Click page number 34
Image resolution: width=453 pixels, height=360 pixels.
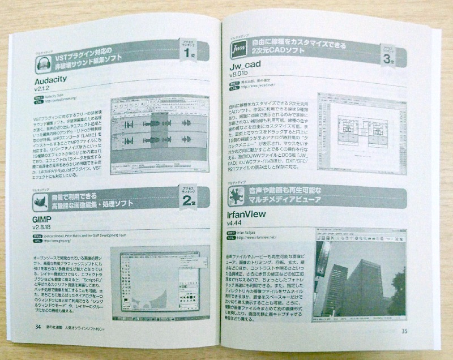37,342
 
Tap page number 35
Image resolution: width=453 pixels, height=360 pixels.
404,347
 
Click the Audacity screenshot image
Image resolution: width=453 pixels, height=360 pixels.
160,137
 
